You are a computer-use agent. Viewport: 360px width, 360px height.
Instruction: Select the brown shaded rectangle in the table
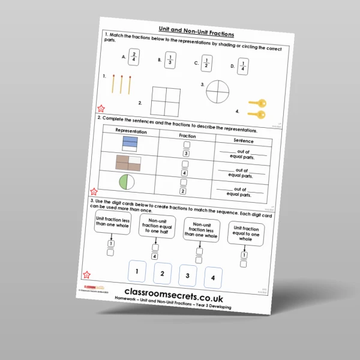point(128,162)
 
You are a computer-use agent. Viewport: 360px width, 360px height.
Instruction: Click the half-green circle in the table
point(127,181)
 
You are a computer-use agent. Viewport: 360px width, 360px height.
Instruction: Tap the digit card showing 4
point(214,277)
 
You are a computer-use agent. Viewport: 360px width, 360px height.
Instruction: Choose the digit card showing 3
point(188,275)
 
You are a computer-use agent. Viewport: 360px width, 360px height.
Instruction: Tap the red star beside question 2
point(94,193)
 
